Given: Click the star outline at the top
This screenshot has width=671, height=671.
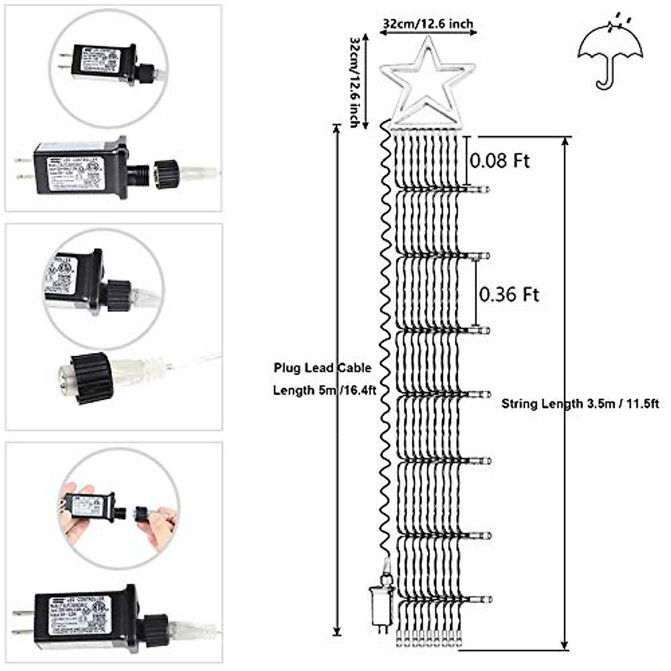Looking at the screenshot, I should tap(428, 84).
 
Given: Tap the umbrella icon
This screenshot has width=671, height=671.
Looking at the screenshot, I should tap(610, 53).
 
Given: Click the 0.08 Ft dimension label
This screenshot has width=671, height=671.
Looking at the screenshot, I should tap(499, 161).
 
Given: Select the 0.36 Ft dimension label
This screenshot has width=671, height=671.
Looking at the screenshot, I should tap(509, 295).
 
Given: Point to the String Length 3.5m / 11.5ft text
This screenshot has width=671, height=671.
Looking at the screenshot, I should tap(580, 404).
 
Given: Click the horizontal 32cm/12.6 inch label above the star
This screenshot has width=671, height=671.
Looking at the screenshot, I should tap(428, 24).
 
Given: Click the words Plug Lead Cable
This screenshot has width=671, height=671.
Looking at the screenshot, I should tap(322, 368).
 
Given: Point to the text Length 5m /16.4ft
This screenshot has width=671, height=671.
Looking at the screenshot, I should tap(324, 390).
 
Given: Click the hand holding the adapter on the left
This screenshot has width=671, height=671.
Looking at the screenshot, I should tap(75, 512).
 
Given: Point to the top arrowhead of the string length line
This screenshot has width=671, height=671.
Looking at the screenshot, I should tap(566, 142).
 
